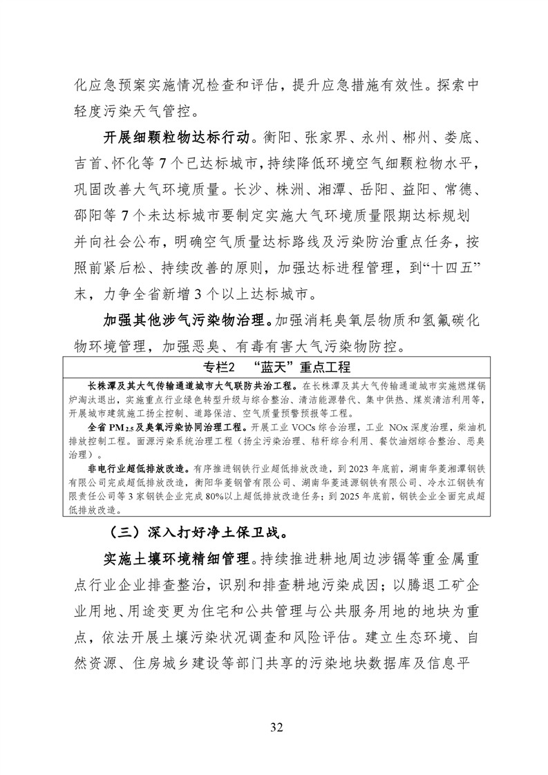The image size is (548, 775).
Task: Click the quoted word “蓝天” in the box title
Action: tap(272, 365)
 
